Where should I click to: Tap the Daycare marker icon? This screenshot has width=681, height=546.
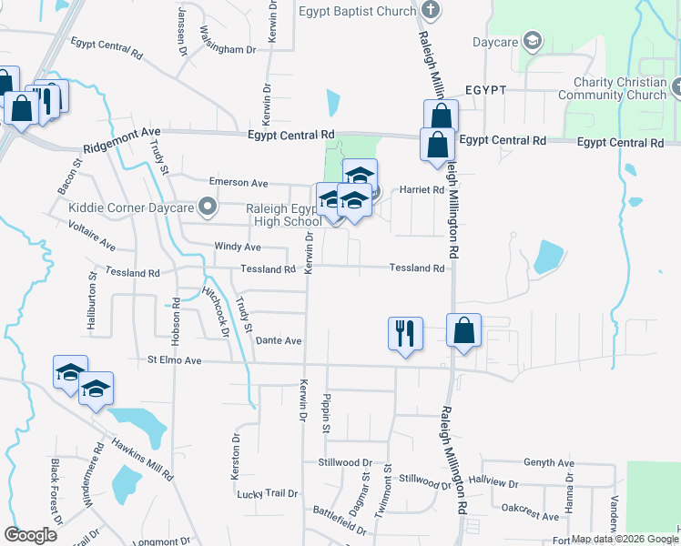(x=533, y=42)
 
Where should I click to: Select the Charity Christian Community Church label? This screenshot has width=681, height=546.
(x=613, y=88)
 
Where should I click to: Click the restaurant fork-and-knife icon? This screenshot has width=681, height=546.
(x=404, y=332)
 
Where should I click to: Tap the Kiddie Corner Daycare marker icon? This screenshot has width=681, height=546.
(x=208, y=207)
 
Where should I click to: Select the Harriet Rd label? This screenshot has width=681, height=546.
(x=422, y=190)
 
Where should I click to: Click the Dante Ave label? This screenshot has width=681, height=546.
(x=279, y=340)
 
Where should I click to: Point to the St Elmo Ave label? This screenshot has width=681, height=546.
(x=174, y=360)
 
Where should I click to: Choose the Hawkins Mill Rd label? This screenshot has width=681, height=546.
(x=142, y=459)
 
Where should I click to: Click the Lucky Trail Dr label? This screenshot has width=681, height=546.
(x=267, y=493)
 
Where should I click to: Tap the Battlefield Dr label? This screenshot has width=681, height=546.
(x=339, y=521)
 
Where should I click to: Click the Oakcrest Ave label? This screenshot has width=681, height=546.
(x=530, y=512)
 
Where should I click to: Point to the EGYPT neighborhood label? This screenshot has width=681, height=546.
(x=485, y=92)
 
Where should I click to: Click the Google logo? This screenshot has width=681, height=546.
(x=30, y=535)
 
